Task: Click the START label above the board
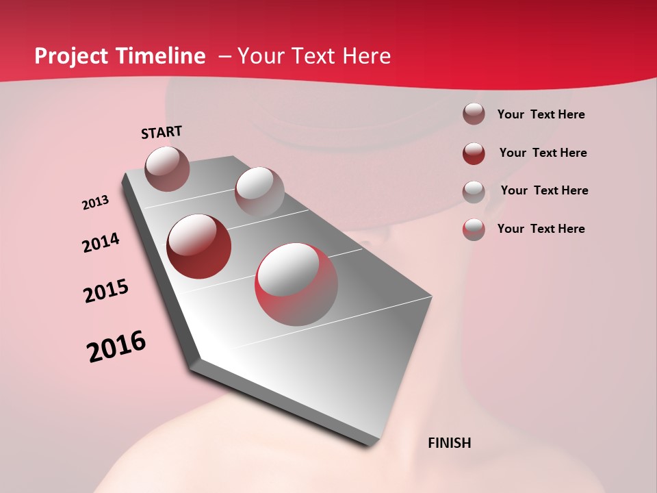click(x=162, y=132)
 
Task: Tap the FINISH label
click(x=449, y=443)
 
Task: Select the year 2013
click(x=95, y=203)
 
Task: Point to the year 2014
click(x=101, y=243)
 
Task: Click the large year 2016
click(x=116, y=346)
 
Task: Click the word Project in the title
click(x=73, y=56)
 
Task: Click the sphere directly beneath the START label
click(x=167, y=168)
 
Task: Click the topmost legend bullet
click(x=474, y=114)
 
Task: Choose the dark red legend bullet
click(x=474, y=153)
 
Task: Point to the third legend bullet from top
click(x=474, y=192)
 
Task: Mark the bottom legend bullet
click(x=474, y=229)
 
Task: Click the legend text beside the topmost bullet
click(x=541, y=115)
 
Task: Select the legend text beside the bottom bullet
click(x=541, y=229)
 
